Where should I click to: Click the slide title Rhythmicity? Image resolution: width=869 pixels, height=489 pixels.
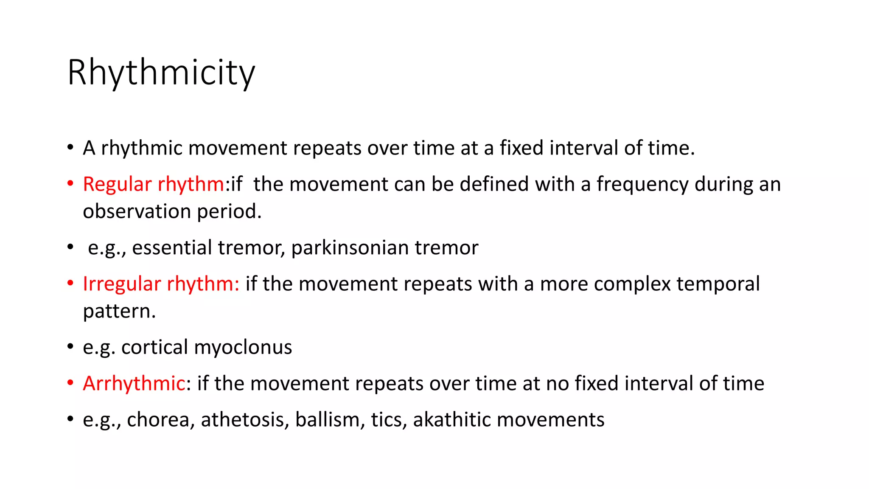[161, 73]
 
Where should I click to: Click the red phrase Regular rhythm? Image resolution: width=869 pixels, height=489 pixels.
[153, 184]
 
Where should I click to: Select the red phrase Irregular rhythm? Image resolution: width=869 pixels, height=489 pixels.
[161, 284]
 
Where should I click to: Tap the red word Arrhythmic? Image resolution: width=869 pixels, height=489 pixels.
[134, 383]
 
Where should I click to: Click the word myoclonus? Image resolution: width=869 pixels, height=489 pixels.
[243, 348]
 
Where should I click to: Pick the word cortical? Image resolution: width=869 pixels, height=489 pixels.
[154, 347]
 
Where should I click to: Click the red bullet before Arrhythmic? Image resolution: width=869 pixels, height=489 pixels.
[70, 383]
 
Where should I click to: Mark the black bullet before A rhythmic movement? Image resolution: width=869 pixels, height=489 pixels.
[70, 148]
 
